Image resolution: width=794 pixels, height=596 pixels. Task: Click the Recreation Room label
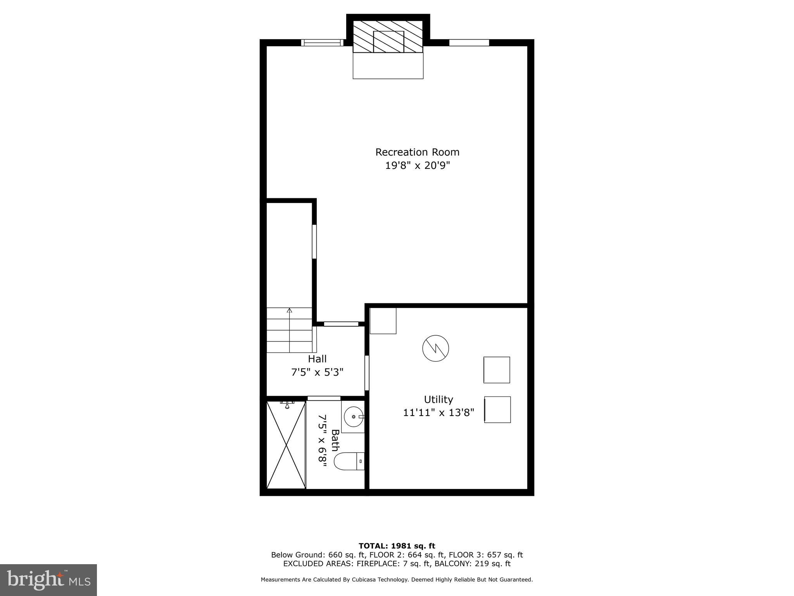click(417, 152)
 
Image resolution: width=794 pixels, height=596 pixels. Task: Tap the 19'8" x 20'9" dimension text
click(417, 166)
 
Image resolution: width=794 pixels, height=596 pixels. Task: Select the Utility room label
click(438, 399)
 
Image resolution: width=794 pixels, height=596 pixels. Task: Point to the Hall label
click(317, 359)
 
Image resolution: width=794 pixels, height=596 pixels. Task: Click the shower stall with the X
click(286, 445)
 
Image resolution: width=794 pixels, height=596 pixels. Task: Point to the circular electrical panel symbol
click(435, 348)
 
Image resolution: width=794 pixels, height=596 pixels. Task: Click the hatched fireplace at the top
click(388, 36)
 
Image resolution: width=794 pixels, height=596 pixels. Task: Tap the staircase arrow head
click(289, 310)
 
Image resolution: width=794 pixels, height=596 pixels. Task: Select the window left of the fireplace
click(322, 43)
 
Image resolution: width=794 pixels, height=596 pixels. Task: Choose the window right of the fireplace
click(469, 43)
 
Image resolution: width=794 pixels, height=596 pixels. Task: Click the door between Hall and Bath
click(324, 398)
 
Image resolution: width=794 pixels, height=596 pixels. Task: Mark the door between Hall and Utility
click(367, 372)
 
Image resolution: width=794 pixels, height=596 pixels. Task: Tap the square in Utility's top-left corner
click(383, 321)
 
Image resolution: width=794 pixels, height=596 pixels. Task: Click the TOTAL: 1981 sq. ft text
click(397, 546)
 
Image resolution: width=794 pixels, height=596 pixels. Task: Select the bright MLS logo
click(48, 580)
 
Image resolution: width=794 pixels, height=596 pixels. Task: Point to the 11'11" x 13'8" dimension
click(438, 412)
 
